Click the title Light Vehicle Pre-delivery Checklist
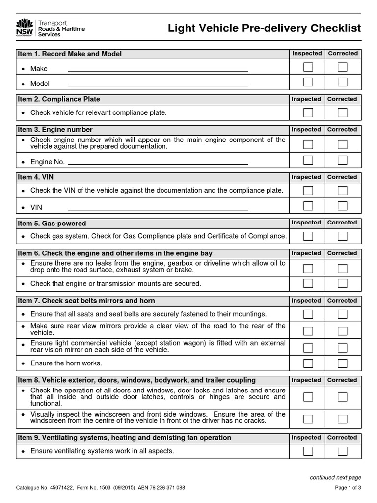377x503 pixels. [264, 28]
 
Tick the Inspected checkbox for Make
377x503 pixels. [308, 67]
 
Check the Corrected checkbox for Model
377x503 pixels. [342, 82]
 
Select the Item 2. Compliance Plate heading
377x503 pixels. [59, 99]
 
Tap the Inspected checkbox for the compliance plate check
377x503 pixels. [308, 112]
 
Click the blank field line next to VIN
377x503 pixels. [157, 208]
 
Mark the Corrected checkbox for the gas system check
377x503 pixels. [342, 236]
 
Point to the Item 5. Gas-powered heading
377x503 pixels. [52, 224]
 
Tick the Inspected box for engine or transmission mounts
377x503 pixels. [308, 283]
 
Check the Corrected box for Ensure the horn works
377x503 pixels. [342, 363]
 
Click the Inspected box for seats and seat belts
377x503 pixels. [308, 314]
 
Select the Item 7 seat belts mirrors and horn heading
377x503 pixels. [86, 301]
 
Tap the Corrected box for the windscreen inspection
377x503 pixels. [342, 419]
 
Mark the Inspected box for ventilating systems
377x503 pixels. [308, 451]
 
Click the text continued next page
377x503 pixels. [335, 477]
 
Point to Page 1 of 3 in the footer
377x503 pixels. [348, 488]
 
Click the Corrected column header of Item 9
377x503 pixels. [343, 438]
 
